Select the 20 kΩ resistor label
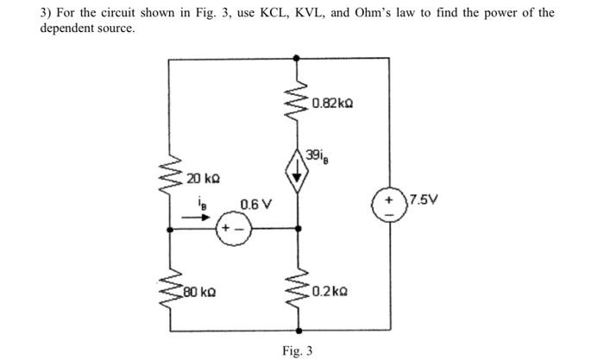point(204,179)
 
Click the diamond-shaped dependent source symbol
point(299,171)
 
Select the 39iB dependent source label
point(317,155)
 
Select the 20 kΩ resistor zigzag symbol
point(169,176)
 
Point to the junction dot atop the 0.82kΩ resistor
point(299,59)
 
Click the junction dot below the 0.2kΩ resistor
point(299,331)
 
